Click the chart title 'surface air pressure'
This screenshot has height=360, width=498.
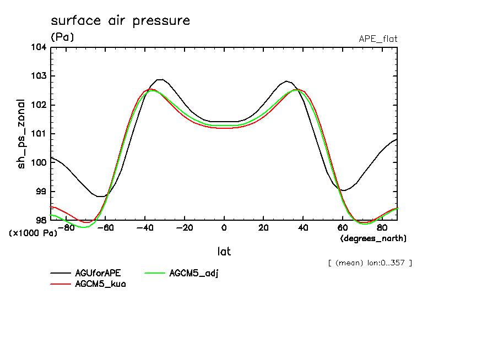click(120, 21)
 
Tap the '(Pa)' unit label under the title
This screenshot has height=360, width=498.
click(62, 37)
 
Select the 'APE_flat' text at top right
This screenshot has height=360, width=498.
click(378, 39)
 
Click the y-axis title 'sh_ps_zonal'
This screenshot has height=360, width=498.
click(21, 134)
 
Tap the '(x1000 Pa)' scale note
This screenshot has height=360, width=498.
click(33, 233)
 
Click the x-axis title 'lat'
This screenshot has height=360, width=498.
click(224, 252)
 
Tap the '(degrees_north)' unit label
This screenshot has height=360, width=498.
click(373, 238)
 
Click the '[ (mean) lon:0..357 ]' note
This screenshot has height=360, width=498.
click(370, 263)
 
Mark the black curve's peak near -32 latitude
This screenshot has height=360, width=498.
click(160, 79)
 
